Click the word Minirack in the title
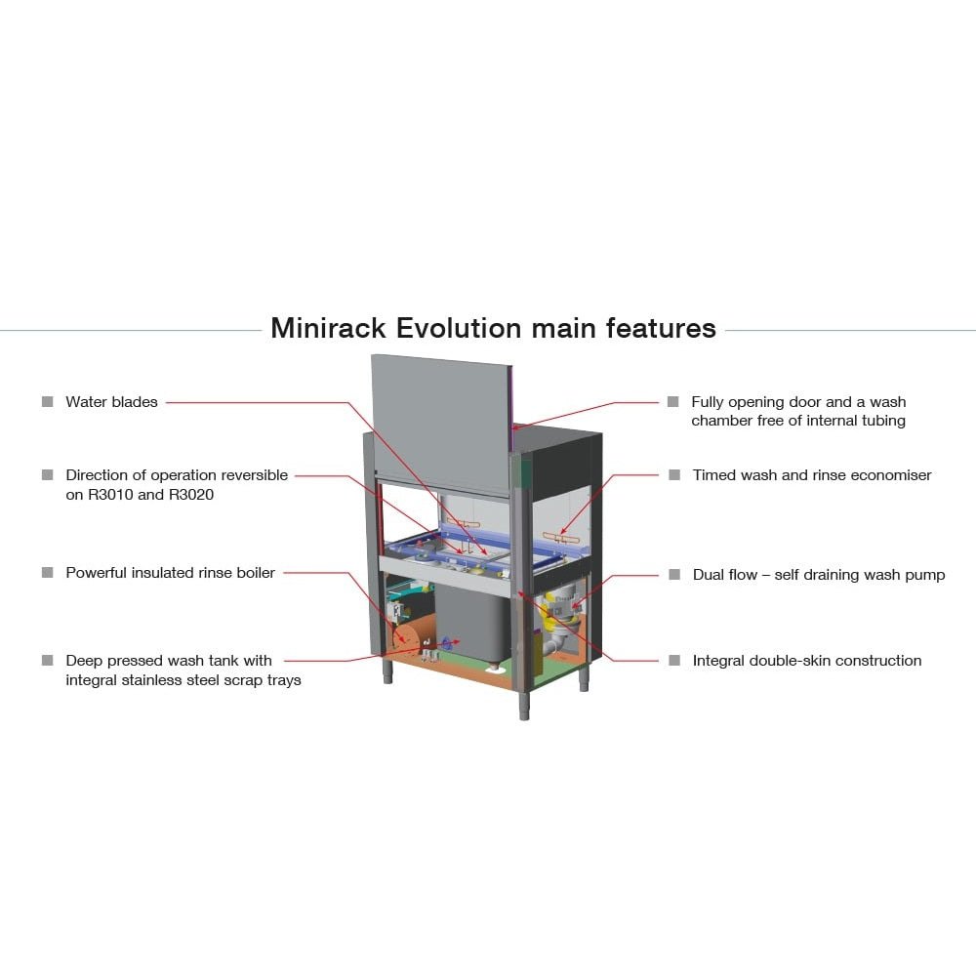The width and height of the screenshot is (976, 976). (328, 328)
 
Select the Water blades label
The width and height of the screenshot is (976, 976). (111, 401)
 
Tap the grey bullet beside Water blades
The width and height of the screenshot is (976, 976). (47, 401)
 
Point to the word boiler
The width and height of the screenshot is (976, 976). (255, 573)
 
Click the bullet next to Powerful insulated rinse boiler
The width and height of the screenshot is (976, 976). (47, 572)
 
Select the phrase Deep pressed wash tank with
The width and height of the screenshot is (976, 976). (169, 661)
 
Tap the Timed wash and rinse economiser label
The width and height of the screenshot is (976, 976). (812, 475)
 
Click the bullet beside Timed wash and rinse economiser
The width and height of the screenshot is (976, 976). (674, 475)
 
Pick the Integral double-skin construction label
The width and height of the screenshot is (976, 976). (807, 661)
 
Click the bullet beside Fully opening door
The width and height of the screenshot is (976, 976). (672, 401)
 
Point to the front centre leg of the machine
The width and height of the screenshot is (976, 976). (524, 705)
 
